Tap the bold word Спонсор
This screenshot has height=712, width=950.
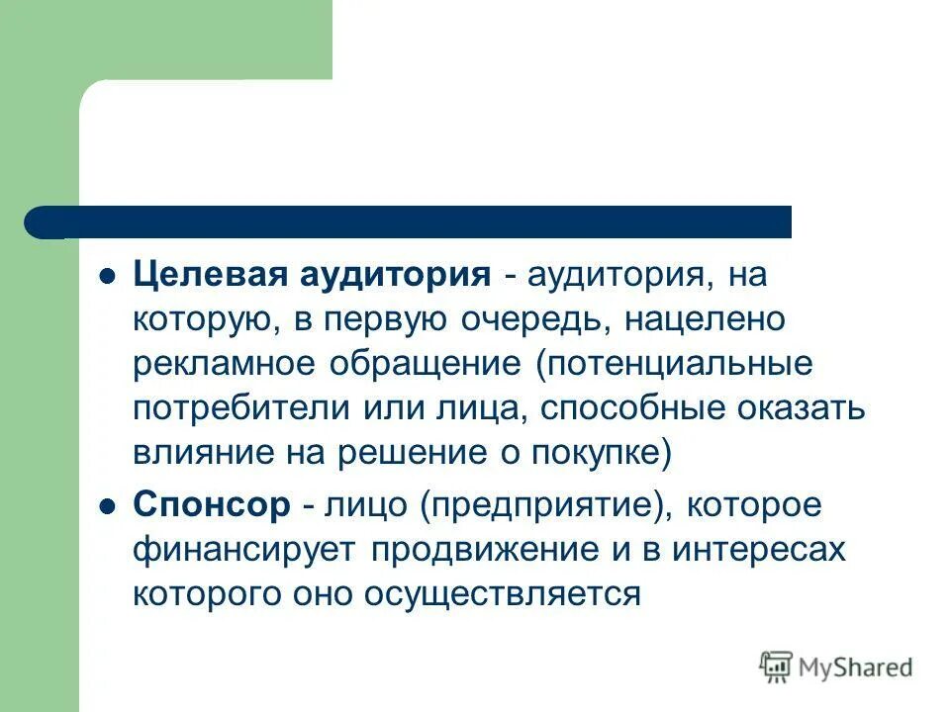point(212,504)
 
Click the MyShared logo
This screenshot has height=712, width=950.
point(835,667)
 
